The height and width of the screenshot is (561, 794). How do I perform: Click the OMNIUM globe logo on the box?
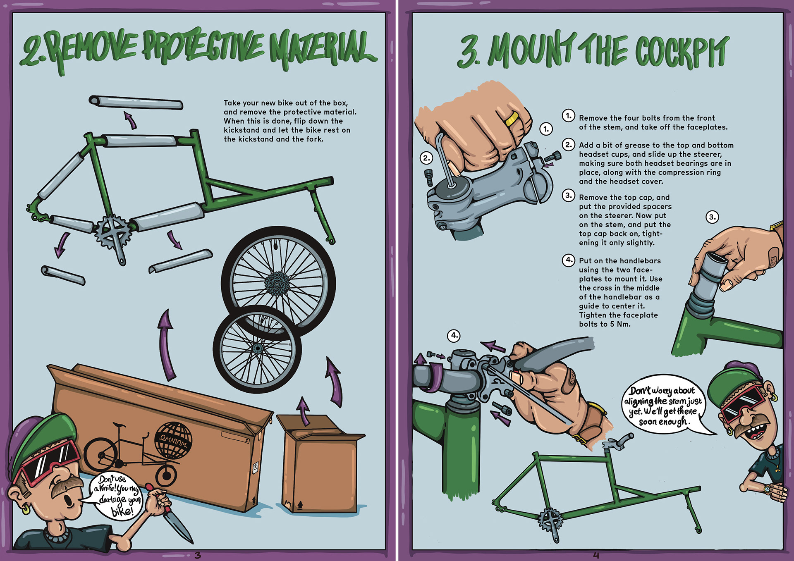pyautogui.click(x=173, y=441)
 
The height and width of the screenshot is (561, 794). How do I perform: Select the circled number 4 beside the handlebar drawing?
pyautogui.click(x=454, y=335)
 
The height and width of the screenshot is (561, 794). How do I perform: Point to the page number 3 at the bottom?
pyautogui.click(x=198, y=555)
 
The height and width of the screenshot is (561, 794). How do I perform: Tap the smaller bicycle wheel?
pyautogui.click(x=257, y=349)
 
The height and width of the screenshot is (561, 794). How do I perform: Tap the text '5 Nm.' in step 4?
pyautogui.click(x=620, y=325)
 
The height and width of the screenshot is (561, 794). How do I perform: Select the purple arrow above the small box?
pyautogui.click(x=304, y=411)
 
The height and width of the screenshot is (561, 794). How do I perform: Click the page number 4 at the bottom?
pyautogui.click(x=596, y=555)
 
